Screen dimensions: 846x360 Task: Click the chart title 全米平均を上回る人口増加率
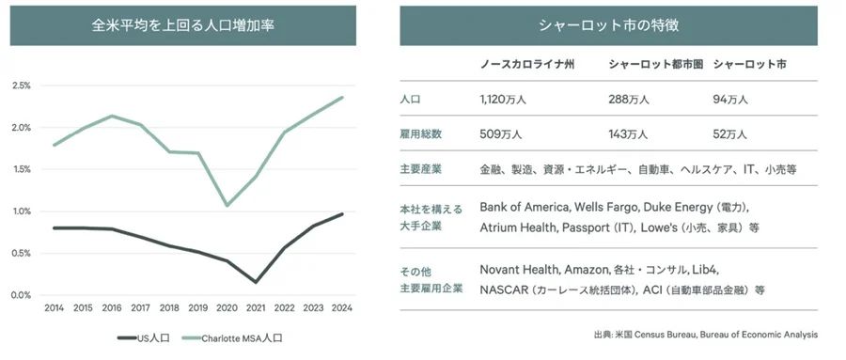point(182,26)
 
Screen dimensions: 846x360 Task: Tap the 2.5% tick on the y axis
point(22,86)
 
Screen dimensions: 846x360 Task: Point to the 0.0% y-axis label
point(22,295)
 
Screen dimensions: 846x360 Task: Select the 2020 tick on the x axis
point(227,308)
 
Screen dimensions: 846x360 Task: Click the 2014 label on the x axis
point(54,308)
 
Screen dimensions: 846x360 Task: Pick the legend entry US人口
point(144,338)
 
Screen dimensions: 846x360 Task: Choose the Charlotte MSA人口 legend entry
point(232,338)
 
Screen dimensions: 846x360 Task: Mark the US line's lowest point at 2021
point(255,282)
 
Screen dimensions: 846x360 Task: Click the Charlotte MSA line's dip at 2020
point(227,205)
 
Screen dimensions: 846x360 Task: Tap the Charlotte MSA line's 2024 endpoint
point(341,97)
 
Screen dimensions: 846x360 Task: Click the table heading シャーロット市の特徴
point(608,26)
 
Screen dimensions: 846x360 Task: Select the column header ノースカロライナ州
point(527,64)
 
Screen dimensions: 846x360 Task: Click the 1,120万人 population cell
point(501,100)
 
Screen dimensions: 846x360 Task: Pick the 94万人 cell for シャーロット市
point(729,100)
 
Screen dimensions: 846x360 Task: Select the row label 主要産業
point(421,169)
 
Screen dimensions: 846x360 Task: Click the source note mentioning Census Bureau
point(705,335)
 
